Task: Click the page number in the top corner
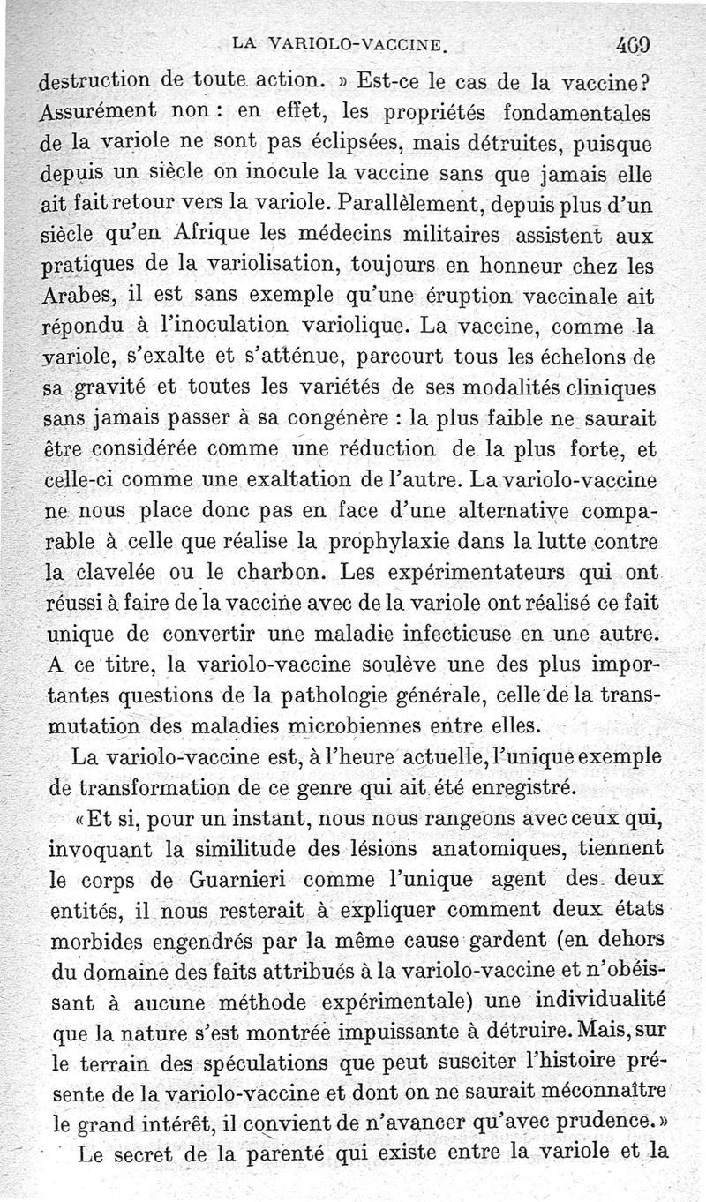636,42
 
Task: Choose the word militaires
440,237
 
